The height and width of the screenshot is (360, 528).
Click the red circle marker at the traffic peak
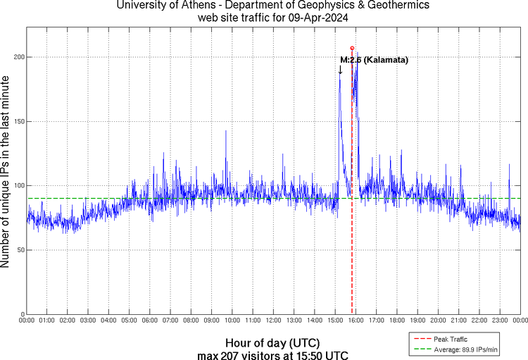click(x=352, y=48)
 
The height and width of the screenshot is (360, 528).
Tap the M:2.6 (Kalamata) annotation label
click(x=374, y=61)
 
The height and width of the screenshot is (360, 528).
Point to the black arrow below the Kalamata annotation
click(x=341, y=69)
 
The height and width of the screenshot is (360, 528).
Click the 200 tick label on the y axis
click(x=18, y=57)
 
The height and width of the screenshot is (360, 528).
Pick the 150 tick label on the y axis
click(x=18, y=121)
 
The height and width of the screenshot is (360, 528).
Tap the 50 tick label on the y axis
click(x=20, y=250)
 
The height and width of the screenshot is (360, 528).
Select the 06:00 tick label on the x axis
click(x=150, y=320)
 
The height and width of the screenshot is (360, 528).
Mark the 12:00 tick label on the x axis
click(x=273, y=320)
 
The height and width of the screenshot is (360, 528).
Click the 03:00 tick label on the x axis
click(x=88, y=320)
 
